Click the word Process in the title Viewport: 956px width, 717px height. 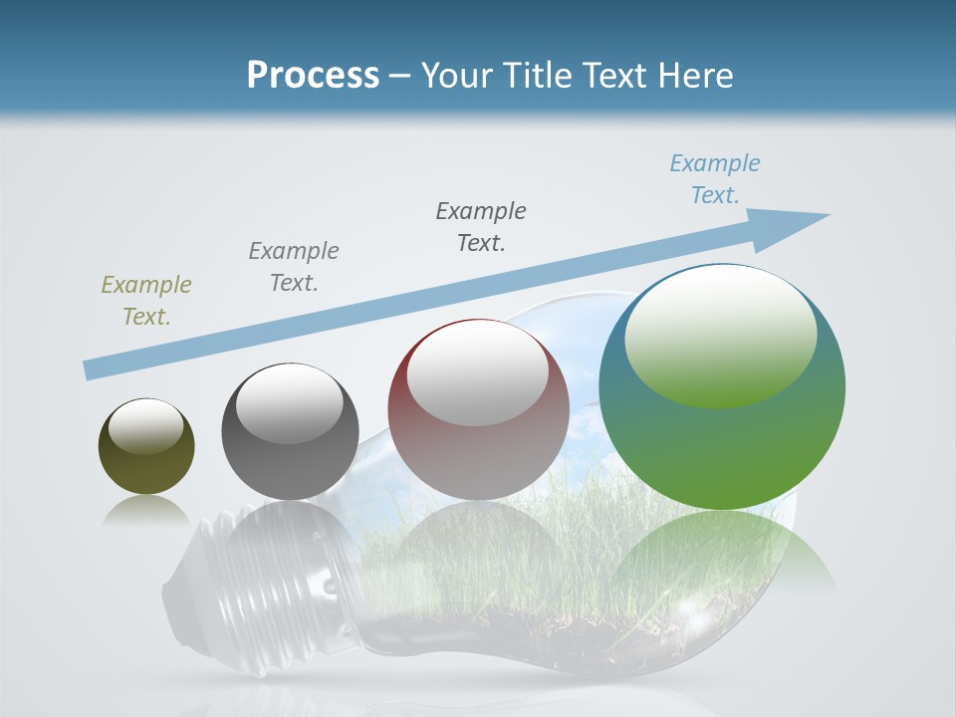(313, 76)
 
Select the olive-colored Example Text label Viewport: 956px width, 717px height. (146, 301)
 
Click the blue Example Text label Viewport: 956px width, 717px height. (715, 179)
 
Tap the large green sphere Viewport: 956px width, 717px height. (722, 438)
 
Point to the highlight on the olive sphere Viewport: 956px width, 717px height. (146, 425)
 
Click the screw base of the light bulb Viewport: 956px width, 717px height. (214, 588)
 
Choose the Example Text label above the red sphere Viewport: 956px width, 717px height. (481, 227)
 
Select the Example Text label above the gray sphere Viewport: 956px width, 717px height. (294, 267)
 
